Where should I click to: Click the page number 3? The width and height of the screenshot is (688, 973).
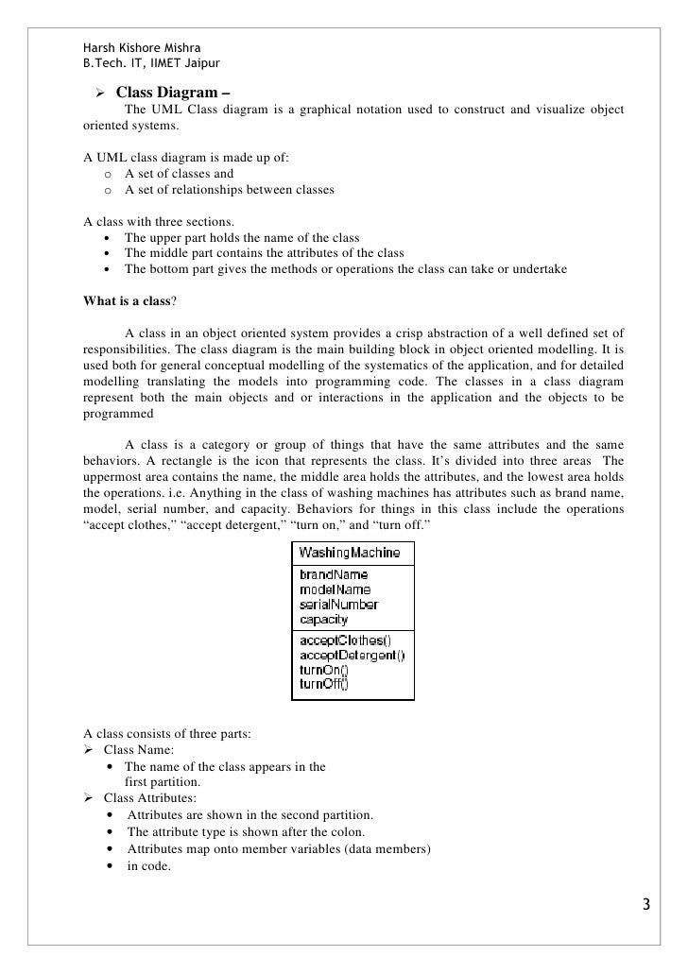click(645, 905)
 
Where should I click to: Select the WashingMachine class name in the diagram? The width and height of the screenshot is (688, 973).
click(349, 553)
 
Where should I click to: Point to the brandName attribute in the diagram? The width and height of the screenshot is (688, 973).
click(333, 574)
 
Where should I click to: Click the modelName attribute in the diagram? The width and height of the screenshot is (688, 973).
click(335, 589)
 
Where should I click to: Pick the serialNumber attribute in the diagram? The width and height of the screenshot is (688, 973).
click(338, 605)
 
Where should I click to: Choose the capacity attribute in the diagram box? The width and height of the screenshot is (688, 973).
click(323, 620)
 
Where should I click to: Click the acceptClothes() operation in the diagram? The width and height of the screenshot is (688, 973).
click(344, 640)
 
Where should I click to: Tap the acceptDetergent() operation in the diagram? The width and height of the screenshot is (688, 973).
click(352, 656)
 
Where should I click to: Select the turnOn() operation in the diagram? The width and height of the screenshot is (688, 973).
click(323, 671)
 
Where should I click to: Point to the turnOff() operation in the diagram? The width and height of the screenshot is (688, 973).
click(324, 685)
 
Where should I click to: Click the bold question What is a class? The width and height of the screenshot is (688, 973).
click(127, 302)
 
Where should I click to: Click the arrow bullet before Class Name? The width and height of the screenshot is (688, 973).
click(90, 750)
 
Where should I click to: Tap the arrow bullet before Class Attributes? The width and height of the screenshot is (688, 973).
click(90, 798)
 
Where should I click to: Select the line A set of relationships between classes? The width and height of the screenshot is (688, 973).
click(229, 191)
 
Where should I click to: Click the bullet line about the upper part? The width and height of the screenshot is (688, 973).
click(241, 237)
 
